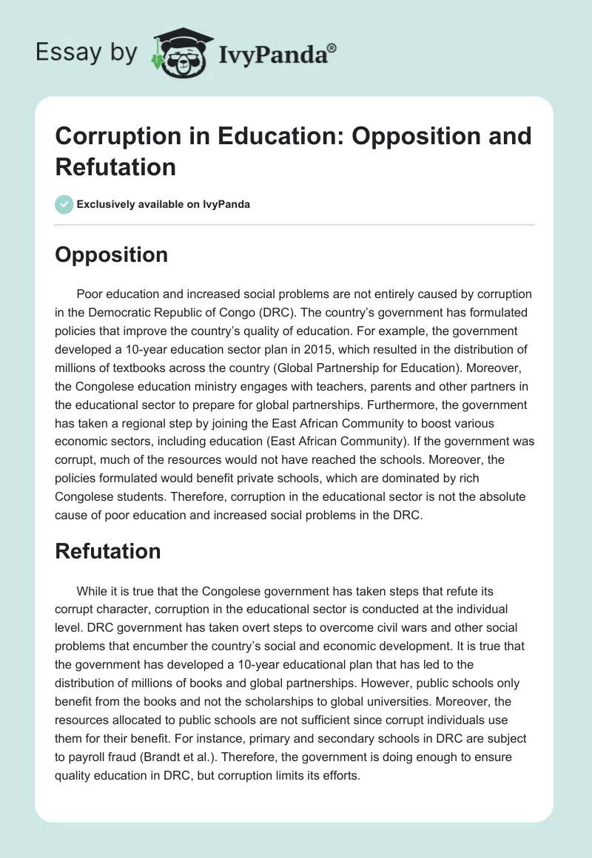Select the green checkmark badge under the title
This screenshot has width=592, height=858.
point(64,204)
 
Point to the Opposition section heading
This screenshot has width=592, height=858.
point(111,254)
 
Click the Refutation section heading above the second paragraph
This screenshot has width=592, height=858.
point(108,551)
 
